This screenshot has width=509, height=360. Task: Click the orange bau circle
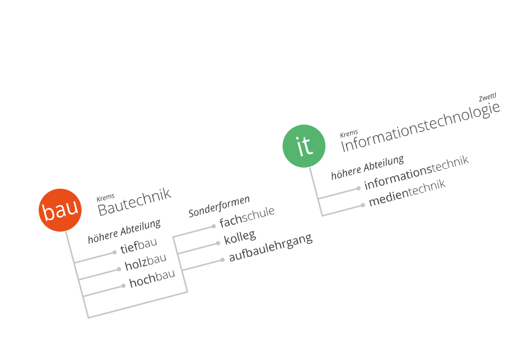(60, 210)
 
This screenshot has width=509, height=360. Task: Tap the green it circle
(304, 146)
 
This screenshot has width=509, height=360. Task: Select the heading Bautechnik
(134, 201)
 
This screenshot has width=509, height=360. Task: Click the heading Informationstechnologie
(420, 127)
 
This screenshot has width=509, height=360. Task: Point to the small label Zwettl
(488, 97)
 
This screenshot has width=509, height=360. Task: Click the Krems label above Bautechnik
(106, 197)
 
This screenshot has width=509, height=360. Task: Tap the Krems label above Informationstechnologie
(349, 134)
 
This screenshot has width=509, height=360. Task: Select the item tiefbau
(138, 245)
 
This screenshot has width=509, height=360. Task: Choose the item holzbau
(146, 262)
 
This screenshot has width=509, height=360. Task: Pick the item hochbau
(152, 279)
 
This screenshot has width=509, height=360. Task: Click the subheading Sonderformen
(219, 206)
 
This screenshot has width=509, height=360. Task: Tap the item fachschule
(247, 217)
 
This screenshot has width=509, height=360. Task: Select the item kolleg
(240, 237)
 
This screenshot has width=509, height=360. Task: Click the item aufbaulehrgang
(271, 247)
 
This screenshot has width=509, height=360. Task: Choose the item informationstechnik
(417, 172)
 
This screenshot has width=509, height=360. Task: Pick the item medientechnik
(407, 192)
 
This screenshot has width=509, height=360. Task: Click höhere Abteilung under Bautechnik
(125, 231)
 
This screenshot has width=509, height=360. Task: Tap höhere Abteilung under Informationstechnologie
(368, 167)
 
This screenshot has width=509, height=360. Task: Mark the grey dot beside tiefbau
(115, 252)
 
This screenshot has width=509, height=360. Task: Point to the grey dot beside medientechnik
(363, 205)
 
